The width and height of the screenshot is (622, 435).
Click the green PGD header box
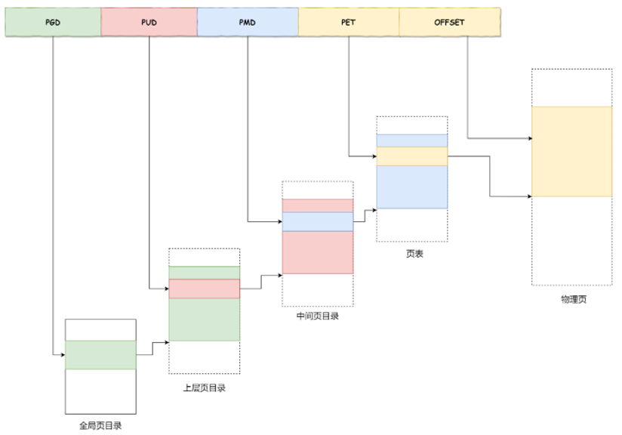pos(53,23)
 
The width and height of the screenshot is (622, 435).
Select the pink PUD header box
pos(149,23)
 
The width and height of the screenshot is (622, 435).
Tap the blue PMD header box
pos(248,23)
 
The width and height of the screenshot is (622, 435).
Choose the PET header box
pos(348,23)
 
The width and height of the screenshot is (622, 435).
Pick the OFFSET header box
pos(449,23)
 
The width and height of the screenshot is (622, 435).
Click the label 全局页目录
pos(100,425)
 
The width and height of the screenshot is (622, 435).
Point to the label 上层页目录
pos(205,388)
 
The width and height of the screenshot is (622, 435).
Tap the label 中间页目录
pos(317,316)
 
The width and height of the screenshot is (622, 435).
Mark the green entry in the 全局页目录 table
pos(100,354)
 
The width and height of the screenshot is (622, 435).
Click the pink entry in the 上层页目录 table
pos(204,288)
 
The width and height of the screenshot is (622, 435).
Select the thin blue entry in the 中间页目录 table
pos(317,221)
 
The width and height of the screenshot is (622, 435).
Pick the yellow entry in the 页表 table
pos(412,156)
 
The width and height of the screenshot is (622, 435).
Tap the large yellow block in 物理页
pos(571,151)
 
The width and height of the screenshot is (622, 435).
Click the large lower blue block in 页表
pos(412,187)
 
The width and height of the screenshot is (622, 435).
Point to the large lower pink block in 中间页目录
pos(317,252)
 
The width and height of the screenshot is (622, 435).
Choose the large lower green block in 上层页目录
pos(204,319)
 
